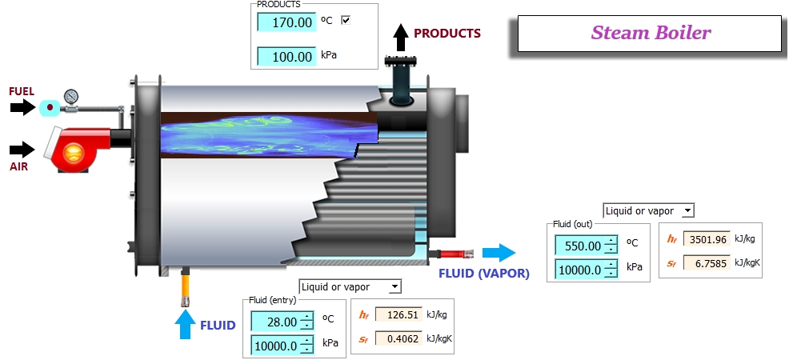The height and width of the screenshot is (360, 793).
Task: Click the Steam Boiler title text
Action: tap(651, 33)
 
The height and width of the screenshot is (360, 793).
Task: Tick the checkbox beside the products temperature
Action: tap(346, 20)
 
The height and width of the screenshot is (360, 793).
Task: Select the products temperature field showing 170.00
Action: tap(286, 22)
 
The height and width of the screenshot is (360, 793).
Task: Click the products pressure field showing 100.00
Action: tap(286, 56)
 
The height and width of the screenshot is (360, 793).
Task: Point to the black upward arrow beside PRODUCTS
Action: tap(401, 38)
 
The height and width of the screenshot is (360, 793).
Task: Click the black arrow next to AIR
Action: tap(22, 149)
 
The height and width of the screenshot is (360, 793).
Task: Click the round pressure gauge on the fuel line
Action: tap(71, 95)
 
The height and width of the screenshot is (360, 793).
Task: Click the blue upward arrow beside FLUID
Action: tap(185, 325)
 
